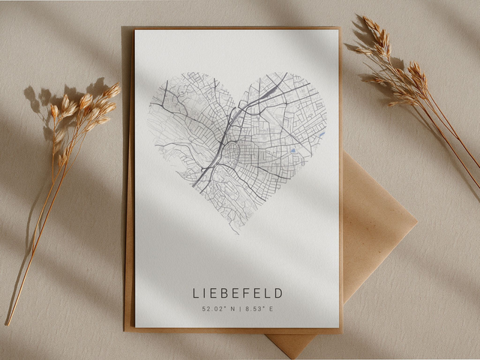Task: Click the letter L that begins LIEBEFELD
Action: point(196,292)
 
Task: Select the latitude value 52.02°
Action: point(213,308)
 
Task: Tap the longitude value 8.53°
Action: point(253,308)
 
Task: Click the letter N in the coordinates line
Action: point(231,308)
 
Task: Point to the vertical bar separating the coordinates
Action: point(239,308)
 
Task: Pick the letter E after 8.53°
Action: point(271,308)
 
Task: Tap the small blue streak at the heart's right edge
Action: point(321,135)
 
